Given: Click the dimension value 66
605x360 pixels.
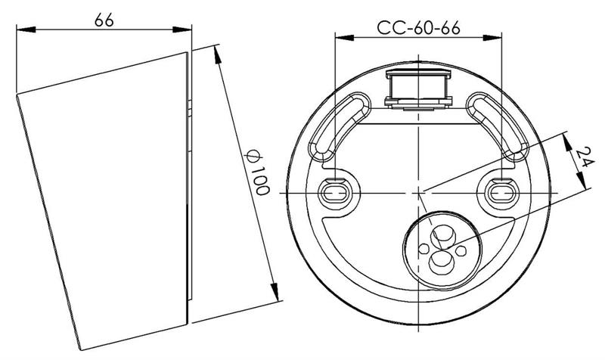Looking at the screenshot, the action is (104, 20).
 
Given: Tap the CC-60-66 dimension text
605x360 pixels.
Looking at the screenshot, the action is (419, 28).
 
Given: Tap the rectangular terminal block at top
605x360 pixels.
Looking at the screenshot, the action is (418, 88).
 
